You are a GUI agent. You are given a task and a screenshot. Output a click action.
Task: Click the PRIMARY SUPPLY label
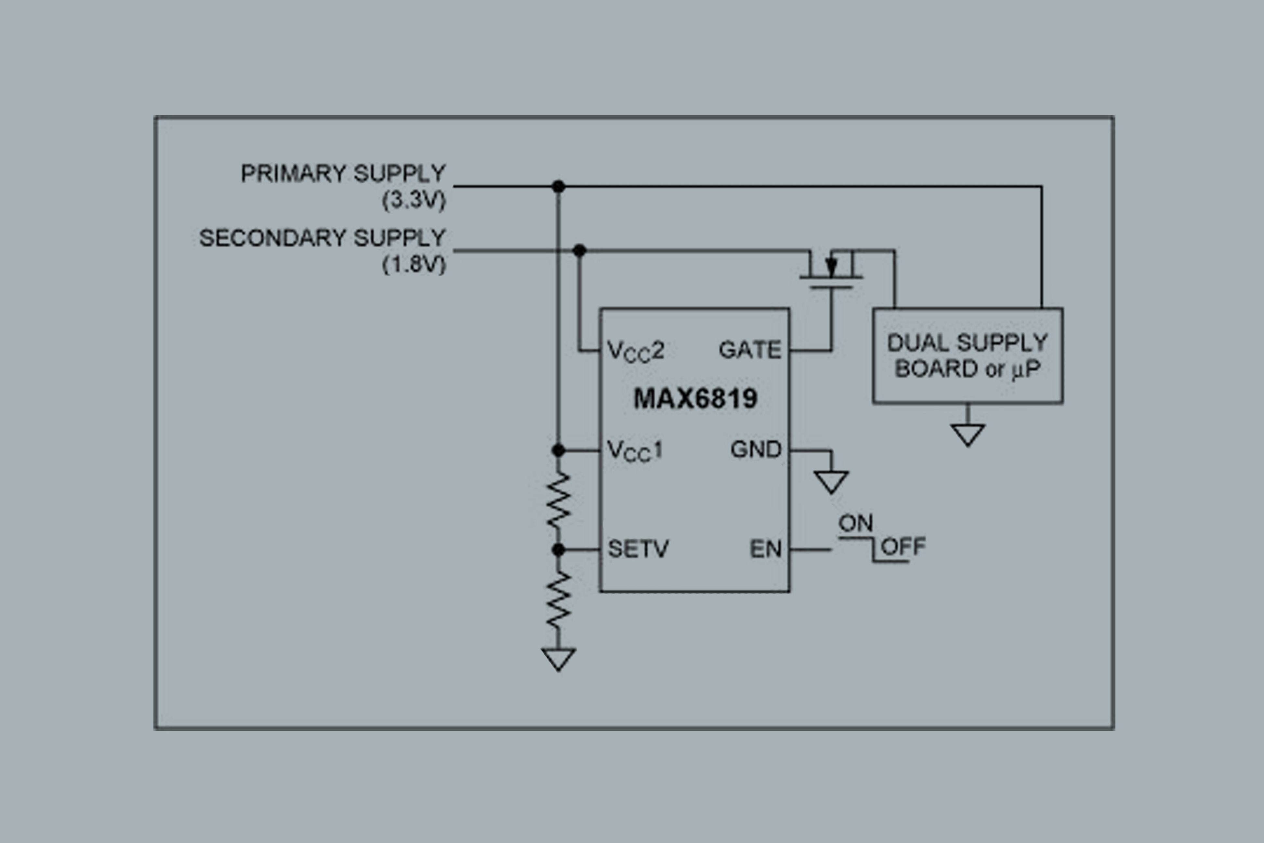pyautogui.click(x=343, y=174)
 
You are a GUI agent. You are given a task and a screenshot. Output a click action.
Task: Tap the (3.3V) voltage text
pyautogui.click(x=414, y=200)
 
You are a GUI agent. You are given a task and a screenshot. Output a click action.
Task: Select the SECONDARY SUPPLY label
pyautogui.click(x=323, y=238)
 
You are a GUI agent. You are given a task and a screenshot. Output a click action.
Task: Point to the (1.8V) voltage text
pyautogui.click(x=414, y=264)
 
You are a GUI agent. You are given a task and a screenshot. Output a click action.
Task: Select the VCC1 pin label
pyautogui.click(x=634, y=450)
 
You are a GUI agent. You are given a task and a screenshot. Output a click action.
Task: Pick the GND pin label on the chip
pyautogui.click(x=755, y=449)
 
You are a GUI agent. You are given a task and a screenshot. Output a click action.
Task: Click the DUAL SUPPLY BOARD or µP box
pyautogui.click(x=968, y=356)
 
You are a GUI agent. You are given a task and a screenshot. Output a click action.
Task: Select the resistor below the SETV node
pyautogui.click(x=559, y=599)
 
